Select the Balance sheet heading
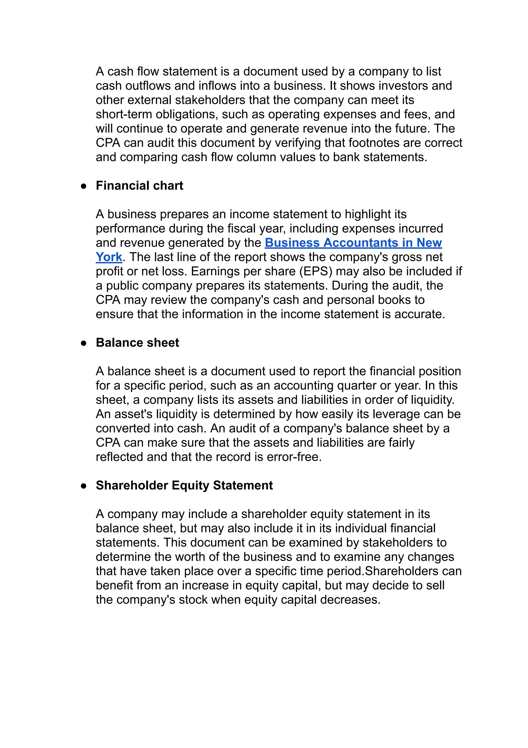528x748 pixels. point(137,343)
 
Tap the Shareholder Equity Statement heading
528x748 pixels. point(184,486)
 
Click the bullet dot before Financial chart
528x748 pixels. point(84,186)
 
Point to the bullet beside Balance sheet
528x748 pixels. point(84,343)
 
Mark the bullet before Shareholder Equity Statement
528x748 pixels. point(84,486)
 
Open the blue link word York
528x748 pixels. point(109,257)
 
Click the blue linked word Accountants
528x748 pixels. point(361,243)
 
